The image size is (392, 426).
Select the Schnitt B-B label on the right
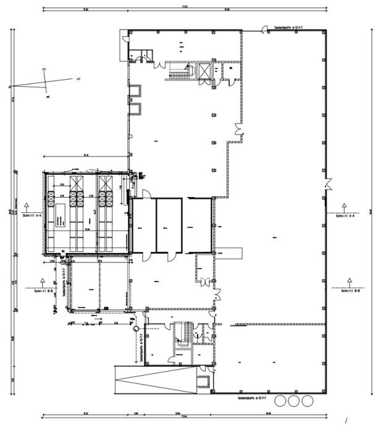pyautogui.click(x=349, y=290)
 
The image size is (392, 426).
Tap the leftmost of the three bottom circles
pyautogui.click(x=281, y=401)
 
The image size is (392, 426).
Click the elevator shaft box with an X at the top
pyautogui.click(x=204, y=71)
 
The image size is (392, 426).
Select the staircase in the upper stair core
pyautogui.click(x=178, y=73)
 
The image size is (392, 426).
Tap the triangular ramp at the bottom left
pyautogui.click(x=157, y=377)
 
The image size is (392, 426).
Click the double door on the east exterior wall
pyautogui.click(x=328, y=184)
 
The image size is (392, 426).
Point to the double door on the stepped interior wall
pyautogui.click(x=237, y=130)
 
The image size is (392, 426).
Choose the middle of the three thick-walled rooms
pyautogui.click(x=169, y=225)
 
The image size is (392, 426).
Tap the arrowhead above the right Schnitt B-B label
pyautogui.click(x=349, y=280)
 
